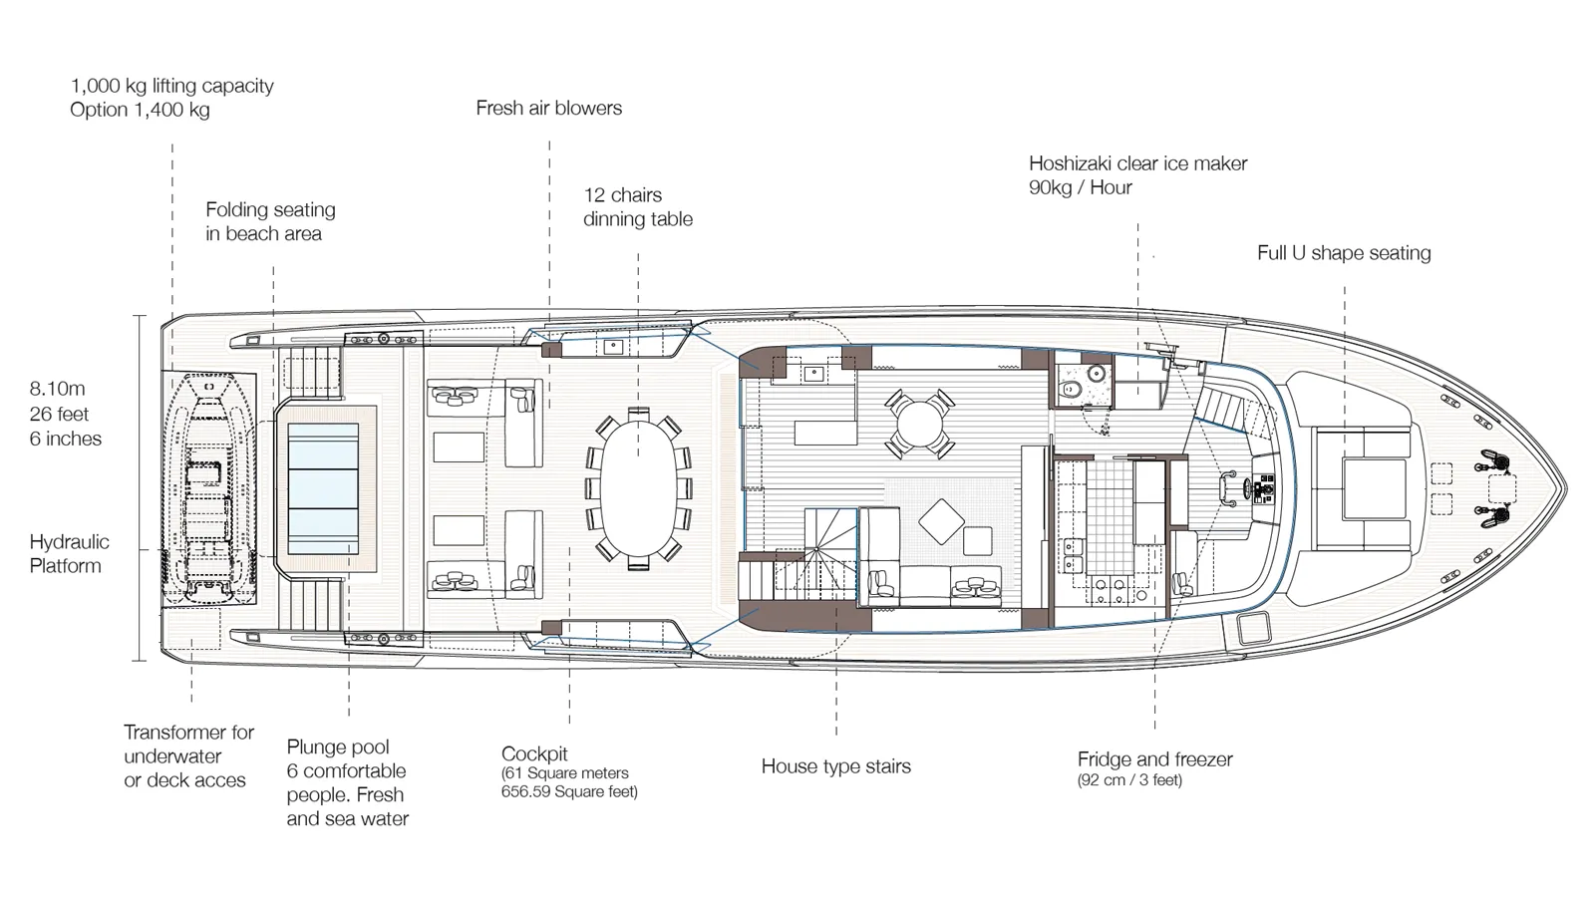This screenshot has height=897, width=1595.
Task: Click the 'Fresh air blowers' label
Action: [x=549, y=109]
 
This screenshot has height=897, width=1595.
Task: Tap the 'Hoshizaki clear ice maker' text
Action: [x=1137, y=163]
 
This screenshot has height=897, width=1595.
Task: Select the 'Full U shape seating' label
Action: [x=1344, y=253]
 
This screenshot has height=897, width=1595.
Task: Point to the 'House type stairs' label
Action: [x=836, y=766]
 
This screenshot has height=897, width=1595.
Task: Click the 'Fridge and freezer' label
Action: [x=1155, y=758]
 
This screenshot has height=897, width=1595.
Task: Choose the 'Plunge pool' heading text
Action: [x=338, y=747]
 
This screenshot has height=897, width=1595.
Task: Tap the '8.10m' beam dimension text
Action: [x=57, y=389]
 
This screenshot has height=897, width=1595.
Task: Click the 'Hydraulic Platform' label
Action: [x=69, y=554]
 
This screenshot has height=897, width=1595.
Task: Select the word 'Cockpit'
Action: [x=534, y=753]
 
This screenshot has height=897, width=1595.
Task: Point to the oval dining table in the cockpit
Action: [x=639, y=488]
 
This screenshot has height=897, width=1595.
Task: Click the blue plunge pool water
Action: [x=323, y=488]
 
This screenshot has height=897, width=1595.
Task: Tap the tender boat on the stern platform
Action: [x=207, y=489]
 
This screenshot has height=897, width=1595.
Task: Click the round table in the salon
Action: [x=920, y=424]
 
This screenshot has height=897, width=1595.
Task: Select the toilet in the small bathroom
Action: [x=1070, y=388]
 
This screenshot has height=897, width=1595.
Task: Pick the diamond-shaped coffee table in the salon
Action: [x=941, y=522]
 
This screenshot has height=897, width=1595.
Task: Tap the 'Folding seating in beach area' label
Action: [x=270, y=222]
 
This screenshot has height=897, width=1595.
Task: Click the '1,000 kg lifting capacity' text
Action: [x=172, y=86]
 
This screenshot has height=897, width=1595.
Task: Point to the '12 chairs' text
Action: [x=623, y=195]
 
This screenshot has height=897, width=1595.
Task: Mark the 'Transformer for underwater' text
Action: [x=188, y=744]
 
